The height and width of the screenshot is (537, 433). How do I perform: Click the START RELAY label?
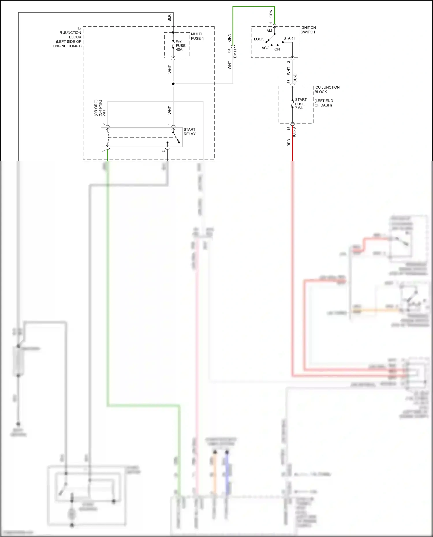click(189, 132)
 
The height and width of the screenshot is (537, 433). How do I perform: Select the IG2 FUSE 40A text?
click(180, 45)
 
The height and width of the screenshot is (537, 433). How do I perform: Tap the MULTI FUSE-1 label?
click(197, 36)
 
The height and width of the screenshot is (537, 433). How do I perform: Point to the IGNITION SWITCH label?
click(308, 30)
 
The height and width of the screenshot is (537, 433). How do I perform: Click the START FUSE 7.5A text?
click(301, 104)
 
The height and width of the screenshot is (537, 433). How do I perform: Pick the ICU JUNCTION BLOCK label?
click(327, 89)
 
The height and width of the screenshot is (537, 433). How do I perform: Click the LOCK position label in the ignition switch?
click(259, 39)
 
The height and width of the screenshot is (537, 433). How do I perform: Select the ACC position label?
click(265, 48)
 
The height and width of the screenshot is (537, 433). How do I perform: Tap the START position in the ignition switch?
click(289, 38)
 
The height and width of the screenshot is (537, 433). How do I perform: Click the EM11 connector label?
click(235, 53)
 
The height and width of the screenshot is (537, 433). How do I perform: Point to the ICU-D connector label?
click(295, 79)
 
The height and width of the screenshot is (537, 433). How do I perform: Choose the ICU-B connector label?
click(294, 132)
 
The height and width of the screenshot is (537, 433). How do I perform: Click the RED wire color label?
click(289, 143)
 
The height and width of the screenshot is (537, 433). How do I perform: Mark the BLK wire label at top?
click(169, 18)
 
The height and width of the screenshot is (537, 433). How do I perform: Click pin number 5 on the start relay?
click(103, 125)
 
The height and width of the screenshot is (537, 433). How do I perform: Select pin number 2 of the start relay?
click(163, 151)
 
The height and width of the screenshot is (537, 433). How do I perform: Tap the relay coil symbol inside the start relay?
click(108, 138)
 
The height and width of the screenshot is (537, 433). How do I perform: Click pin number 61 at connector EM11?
click(229, 50)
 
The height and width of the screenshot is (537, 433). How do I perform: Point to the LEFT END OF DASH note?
click(324, 103)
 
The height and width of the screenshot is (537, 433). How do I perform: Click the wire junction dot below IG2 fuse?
click(173, 84)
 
